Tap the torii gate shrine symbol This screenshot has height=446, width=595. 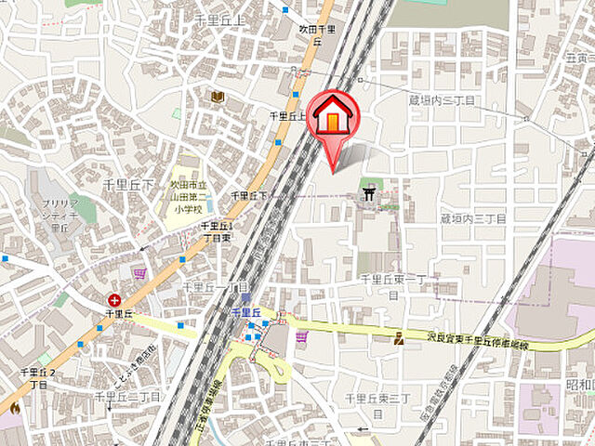371,194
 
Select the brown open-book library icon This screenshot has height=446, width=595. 218,97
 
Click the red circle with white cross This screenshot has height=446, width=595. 113,299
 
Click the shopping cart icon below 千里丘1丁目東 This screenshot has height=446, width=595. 139,274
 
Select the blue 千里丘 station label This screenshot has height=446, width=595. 245,313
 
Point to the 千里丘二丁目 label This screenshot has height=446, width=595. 129,397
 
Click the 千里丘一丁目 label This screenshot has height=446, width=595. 215,287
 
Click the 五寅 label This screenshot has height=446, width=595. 577,57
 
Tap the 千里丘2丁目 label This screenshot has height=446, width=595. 39,377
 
